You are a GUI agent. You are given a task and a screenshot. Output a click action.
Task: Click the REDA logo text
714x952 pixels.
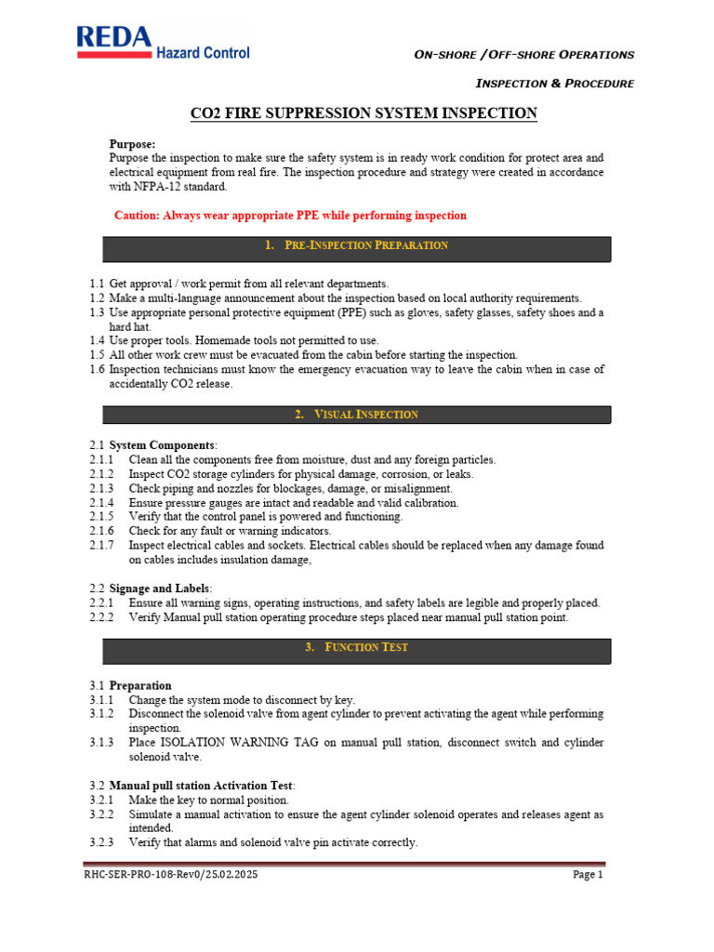coord(113,36)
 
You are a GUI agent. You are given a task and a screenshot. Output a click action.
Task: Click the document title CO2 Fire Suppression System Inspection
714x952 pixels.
coord(364,113)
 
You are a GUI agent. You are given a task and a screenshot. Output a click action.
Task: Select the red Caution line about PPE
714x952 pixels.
coord(290,216)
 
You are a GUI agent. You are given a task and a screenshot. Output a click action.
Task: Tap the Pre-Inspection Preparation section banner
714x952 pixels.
coord(356,245)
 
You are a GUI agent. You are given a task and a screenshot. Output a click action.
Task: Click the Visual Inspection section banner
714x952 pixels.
coord(356,415)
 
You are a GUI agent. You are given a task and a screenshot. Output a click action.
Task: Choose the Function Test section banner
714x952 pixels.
coord(356,647)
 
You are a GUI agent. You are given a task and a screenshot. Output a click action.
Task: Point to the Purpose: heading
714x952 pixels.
coord(133,144)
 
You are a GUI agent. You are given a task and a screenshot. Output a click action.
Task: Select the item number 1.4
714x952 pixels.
coord(98,340)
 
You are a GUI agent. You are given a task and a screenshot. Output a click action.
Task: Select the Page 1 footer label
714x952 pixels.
coord(588,875)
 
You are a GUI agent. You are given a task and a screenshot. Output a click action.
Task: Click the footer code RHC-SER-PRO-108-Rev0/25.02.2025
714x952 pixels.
coord(170,875)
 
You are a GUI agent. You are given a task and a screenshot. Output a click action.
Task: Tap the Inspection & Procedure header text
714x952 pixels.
coord(554,84)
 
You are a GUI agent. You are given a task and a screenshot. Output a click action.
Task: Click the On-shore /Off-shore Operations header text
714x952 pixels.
coord(524,55)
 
